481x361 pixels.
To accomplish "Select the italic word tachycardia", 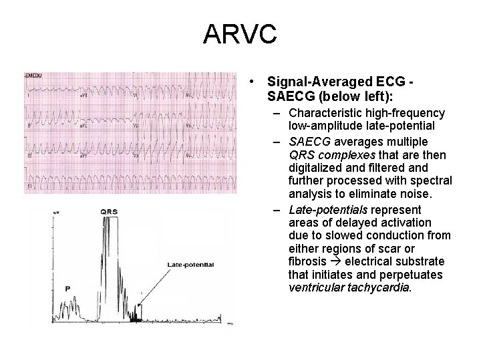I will pos(383,288).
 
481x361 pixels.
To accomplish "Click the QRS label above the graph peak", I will pos(110,211).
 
